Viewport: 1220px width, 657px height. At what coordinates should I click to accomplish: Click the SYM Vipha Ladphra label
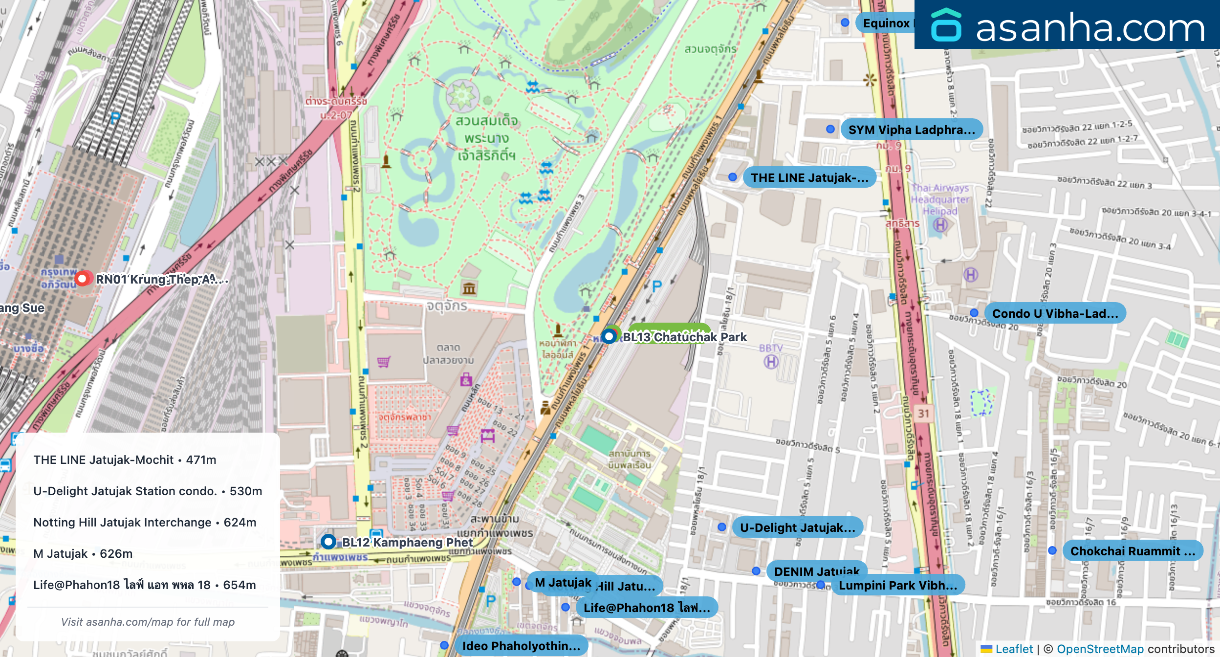click(x=911, y=130)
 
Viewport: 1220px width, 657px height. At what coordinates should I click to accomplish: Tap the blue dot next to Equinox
click(x=845, y=22)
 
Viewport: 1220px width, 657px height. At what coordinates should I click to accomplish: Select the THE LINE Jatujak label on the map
click(x=809, y=177)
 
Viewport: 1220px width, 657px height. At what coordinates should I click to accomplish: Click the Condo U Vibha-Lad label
click(x=1055, y=313)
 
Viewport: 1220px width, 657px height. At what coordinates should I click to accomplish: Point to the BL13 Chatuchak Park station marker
click(x=609, y=336)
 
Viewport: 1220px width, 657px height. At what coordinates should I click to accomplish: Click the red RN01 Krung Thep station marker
click(x=83, y=279)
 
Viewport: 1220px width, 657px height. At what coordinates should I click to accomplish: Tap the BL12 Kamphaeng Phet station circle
click(x=328, y=541)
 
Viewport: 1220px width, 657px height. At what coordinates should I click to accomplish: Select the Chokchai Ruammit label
click(x=1132, y=551)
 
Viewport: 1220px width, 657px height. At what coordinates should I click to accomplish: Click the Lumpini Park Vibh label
click(x=897, y=585)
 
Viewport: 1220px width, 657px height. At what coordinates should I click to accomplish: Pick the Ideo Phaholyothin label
click(x=521, y=646)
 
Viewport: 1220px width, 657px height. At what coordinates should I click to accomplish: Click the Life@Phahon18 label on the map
click(x=646, y=608)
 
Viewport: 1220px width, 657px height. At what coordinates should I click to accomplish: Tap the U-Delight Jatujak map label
click(x=797, y=527)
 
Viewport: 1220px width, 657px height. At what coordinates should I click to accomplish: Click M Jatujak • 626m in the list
click(x=83, y=553)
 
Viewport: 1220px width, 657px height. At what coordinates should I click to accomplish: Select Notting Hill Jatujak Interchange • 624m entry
click(x=145, y=522)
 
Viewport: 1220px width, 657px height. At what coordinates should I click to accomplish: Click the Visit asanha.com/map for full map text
click(x=148, y=622)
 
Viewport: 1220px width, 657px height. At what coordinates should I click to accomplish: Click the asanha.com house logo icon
click(x=946, y=25)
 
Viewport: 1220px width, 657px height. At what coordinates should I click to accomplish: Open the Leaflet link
click(x=1014, y=649)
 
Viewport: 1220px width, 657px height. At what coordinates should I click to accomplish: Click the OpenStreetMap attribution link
click(x=1100, y=649)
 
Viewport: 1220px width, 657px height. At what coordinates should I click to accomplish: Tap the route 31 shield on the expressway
click(x=923, y=414)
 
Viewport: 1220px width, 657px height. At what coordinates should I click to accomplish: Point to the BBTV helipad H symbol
click(x=771, y=362)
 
